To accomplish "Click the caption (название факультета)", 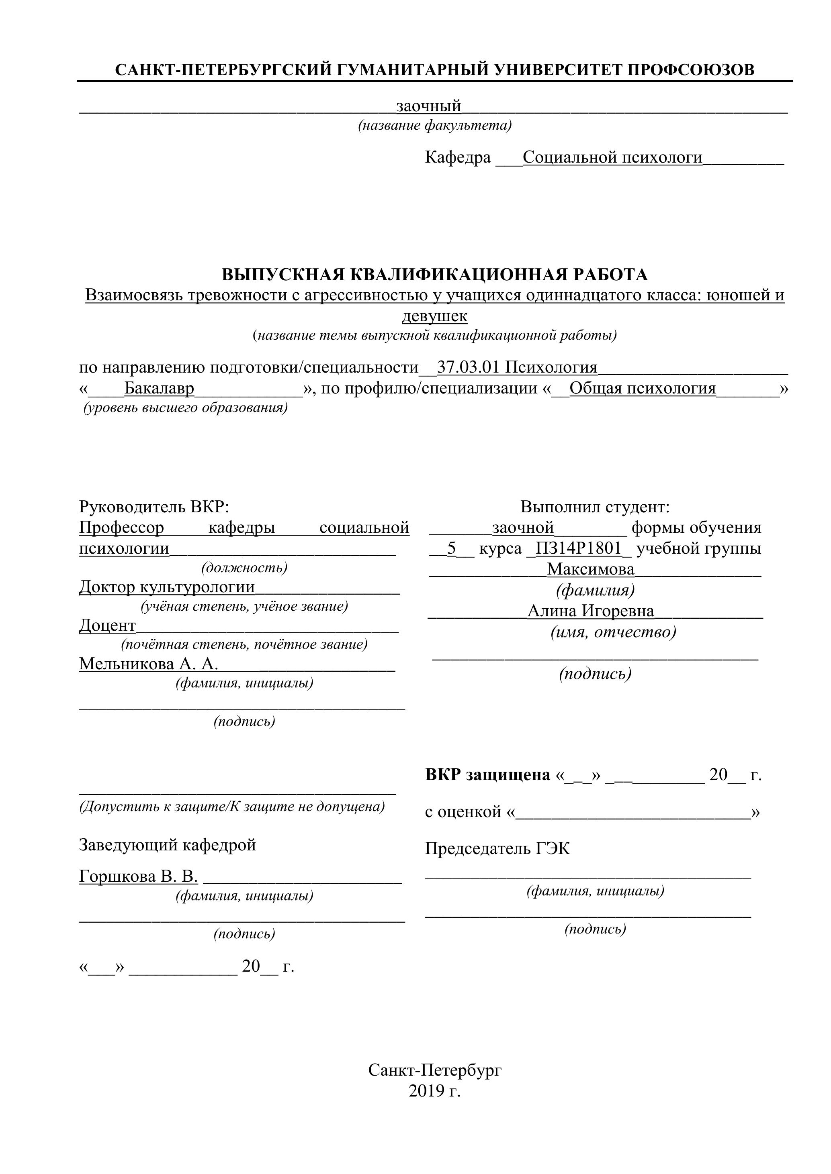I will (x=434, y=125).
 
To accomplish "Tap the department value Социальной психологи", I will (x=612, y=157).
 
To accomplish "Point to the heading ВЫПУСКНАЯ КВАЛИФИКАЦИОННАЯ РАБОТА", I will (x=434, y=275).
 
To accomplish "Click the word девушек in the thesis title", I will (x=434, y=316).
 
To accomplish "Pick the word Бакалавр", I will (x=159, y=389).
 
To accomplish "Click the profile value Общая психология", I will (x=642, y=389).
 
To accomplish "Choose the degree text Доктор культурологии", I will (x=167, y=587).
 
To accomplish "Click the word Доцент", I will (x=107, y=626).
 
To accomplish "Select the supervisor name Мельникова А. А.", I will (x=148, y=664).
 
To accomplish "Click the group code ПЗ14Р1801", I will (x=578, y=548).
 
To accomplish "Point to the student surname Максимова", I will (x=591, y=569).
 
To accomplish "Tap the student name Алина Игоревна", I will (x=591, y=611).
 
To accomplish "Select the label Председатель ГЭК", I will (x=497, y=849).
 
